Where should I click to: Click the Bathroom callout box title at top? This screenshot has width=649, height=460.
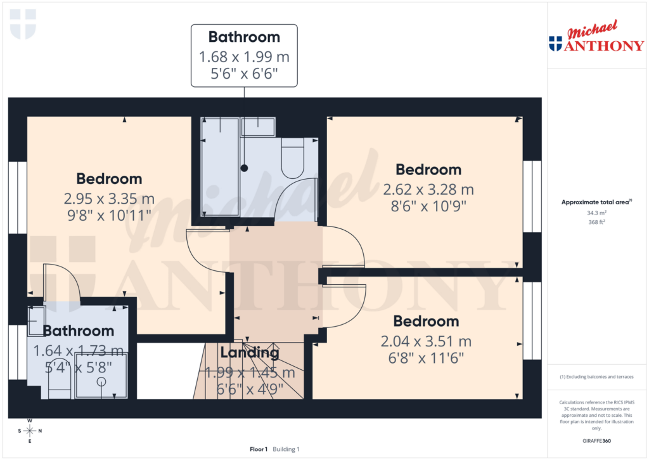point(244,37)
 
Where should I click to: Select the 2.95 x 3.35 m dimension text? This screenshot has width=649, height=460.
point(108,199)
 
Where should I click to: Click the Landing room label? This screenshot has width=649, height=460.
point(250,353)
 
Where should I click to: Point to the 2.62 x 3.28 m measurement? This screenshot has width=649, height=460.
point(428,189)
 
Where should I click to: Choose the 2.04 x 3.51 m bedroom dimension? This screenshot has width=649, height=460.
point(425,341)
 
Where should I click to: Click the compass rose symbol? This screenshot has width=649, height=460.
point(30,431)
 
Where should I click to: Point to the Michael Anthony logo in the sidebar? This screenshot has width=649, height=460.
point(596,39)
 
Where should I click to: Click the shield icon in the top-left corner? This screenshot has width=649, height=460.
point(23,24)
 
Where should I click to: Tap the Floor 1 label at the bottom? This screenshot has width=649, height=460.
point(259,449)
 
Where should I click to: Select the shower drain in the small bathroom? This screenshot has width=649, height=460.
point(101,382)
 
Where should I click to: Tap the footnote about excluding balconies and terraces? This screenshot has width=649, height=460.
point(597,377)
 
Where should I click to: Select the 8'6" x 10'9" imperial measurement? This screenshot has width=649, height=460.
point(428,206)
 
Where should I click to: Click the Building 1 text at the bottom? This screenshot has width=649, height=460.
point(286,449)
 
